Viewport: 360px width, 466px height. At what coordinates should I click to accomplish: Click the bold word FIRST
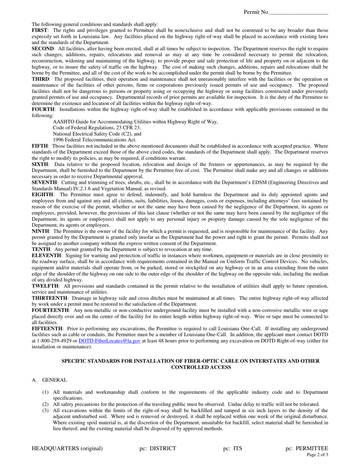pos(39,30)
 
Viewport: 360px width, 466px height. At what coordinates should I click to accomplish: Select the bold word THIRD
pos(40,79)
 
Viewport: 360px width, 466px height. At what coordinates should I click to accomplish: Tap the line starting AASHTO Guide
pos(135,122)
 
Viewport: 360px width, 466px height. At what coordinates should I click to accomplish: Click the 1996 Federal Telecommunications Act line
pos(94,140)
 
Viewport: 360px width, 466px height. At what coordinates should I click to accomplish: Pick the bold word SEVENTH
pos(44,182)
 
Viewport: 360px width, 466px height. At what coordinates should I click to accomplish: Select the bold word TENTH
pos(41,249)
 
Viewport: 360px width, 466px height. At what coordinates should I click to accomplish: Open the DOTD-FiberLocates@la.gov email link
pos(110,341)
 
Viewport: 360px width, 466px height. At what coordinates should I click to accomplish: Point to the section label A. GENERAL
pos(50,380)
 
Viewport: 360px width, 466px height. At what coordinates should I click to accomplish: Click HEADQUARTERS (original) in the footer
pos(67,449)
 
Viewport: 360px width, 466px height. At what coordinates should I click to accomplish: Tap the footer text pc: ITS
pos(232,449)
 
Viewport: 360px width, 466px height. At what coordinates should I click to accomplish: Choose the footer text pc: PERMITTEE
pos(307,449)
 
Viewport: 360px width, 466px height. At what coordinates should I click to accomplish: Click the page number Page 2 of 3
pos(318,455)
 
